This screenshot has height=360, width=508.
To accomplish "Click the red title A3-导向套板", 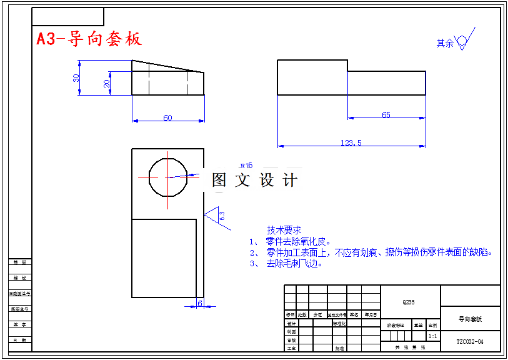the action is point(89,39).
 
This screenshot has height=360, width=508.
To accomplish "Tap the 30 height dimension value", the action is point(76,78).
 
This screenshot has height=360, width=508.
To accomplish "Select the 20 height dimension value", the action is point(107,83).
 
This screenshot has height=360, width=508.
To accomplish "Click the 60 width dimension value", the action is point(167,117).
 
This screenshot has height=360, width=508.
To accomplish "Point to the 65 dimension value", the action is point(386,114).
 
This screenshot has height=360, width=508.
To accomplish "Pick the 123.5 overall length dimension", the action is point(351,142).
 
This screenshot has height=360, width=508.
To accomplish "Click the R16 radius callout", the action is point(246,166).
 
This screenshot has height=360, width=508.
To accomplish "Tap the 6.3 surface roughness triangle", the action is point(216,215).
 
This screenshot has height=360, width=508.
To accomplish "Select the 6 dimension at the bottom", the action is point(200,302).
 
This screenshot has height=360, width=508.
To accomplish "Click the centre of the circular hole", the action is point(167,177).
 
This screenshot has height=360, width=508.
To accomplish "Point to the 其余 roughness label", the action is point(445,44).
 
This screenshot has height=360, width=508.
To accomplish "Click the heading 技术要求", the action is point(284,230).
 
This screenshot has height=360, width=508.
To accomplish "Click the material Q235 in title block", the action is point(408,302).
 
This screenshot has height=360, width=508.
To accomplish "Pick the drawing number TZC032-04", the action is point(470,342).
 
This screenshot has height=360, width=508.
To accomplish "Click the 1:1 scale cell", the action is point(432,336).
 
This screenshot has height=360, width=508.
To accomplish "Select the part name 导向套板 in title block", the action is point(470,319).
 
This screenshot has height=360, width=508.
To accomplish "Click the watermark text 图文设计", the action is point(254,180).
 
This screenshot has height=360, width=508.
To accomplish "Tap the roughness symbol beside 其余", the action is point(464,41).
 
